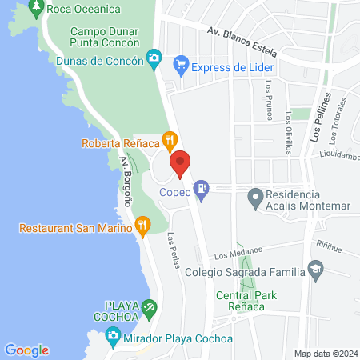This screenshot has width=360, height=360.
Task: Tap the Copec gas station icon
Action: point(204,190)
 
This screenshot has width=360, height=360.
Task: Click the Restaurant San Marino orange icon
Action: point(142,226)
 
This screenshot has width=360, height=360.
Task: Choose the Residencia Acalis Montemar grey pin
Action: point(255,195)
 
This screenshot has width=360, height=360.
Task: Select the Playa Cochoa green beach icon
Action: point(149,308)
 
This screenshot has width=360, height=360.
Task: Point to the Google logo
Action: point(26,350)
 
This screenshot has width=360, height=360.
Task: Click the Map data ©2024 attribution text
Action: point(323,354)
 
